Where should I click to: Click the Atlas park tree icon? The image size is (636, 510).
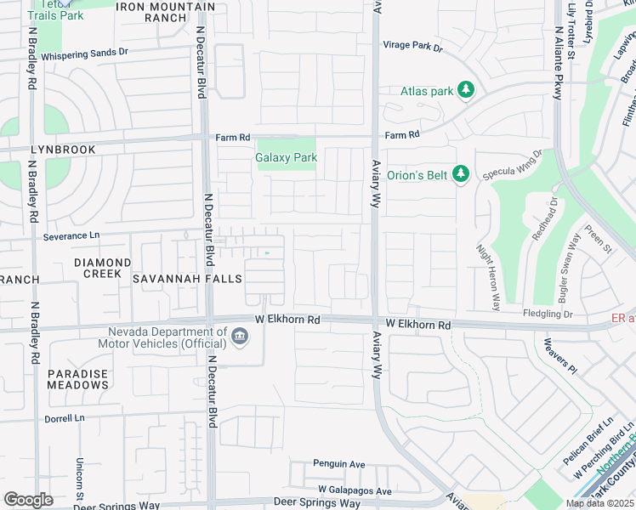(465, 89)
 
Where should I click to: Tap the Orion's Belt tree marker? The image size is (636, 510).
(460, 174)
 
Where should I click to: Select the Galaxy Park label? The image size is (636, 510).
(286, 157)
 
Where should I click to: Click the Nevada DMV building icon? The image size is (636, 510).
(240, 338)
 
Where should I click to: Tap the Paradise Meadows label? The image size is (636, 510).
(77, 379)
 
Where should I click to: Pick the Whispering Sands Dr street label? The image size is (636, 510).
(84, 53)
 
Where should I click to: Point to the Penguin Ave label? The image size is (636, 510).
(338, 464)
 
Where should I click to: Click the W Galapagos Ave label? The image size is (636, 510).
(355, 490)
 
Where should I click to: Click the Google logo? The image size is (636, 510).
(28, 500)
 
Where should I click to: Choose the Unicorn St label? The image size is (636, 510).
(78, 472)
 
